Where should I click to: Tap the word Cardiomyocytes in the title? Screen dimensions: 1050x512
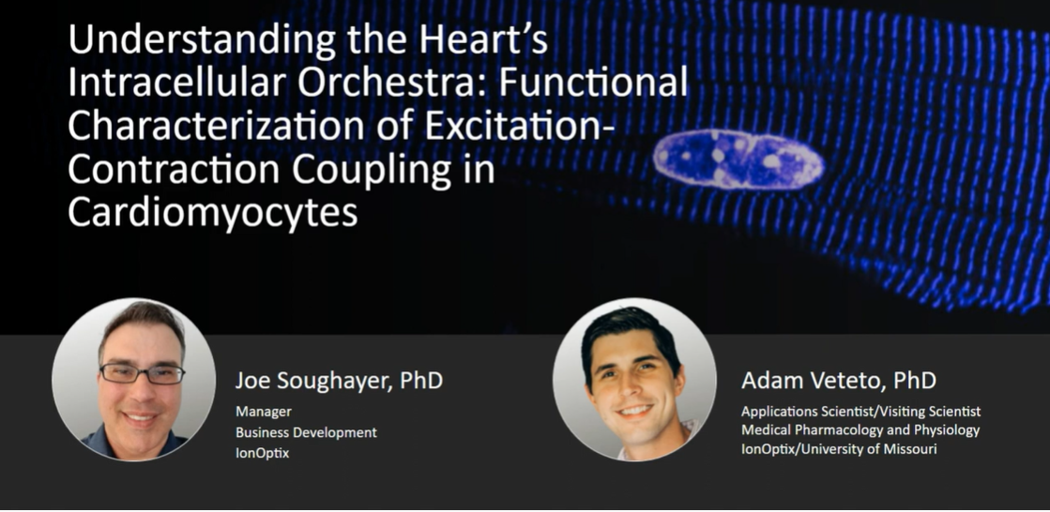[x=212, y=214]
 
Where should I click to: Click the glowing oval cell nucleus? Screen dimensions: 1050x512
[x=738, y=159]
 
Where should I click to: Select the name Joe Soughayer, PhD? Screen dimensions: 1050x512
[x=339, y=381]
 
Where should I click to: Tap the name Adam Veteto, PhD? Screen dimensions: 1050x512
[x=838, y=381]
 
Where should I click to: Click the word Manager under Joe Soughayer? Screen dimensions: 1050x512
[x=263, y=412]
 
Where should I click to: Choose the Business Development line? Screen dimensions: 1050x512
[x=306, y=432]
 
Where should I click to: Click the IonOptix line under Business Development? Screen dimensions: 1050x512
[x=262, y=453]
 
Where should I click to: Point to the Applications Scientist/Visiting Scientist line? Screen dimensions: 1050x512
[x=860, y=411]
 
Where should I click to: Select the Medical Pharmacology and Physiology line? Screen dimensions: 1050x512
[x=860, y=429]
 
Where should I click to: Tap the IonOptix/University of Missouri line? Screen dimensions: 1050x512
[x=838, y=449]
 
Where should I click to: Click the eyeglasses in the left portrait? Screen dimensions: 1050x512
[x=142, y=373]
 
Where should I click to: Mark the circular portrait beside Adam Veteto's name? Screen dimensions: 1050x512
[x=634, y=380]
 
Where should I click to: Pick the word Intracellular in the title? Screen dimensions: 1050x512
[x=176, y=83]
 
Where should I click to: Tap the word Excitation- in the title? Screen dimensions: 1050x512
[x=510, y=126]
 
